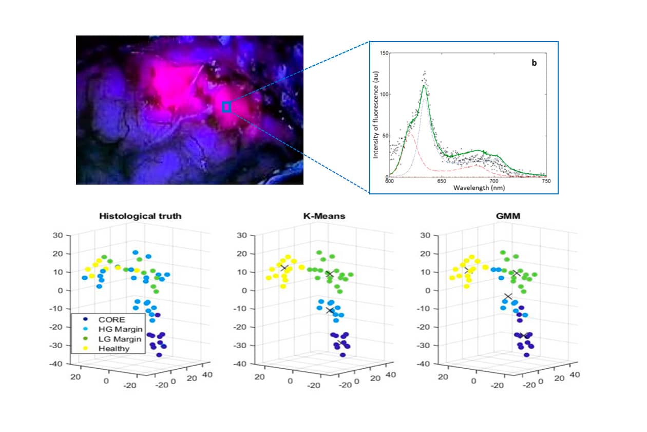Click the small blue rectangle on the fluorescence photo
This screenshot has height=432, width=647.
click(226, 107)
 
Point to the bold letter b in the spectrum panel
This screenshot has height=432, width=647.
click(534, 63)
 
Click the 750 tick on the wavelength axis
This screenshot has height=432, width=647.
click(546, 182)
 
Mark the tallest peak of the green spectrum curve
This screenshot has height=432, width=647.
click(425, 86)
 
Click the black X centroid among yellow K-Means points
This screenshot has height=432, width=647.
click(283, 268)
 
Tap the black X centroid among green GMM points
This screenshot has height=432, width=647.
click(516, 274)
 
